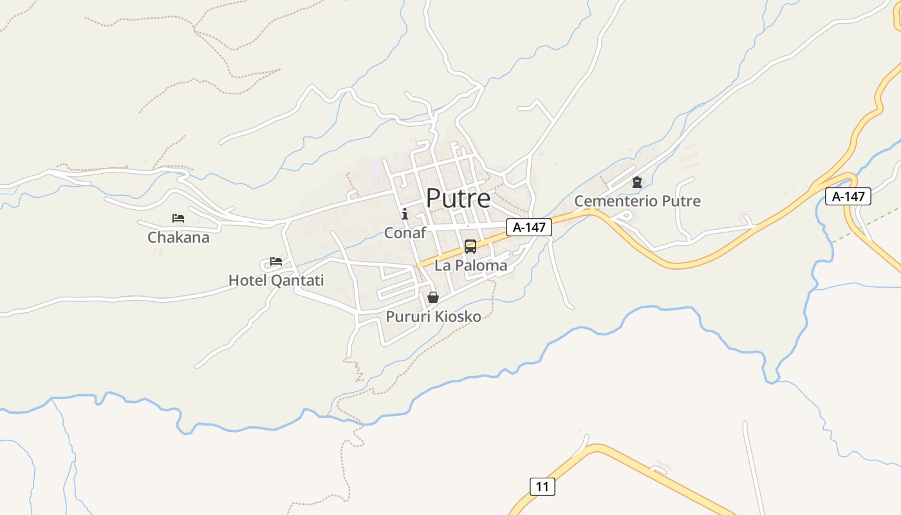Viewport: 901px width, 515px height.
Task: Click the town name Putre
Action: [458, 198]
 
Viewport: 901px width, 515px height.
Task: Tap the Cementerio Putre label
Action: [637, 201]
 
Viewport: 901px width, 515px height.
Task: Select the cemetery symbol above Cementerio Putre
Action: [637, 183]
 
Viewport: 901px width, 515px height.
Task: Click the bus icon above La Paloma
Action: [470, 247]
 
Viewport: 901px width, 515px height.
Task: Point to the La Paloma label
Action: [471, 265]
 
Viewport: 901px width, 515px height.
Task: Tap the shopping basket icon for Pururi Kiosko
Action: [433, 297]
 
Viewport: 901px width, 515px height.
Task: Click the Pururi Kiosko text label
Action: [433, 317]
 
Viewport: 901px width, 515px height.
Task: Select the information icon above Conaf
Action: [405, 214]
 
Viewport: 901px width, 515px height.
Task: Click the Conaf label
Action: [405, 233]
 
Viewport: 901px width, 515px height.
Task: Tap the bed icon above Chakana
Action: [178, 219]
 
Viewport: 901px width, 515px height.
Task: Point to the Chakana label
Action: [178, 238]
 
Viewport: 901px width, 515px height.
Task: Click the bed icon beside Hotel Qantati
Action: [276, 261]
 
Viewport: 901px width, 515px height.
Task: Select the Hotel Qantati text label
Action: [276, 281]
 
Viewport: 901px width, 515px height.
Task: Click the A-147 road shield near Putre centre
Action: [529, 227]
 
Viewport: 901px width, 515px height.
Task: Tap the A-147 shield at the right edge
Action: [848, 196]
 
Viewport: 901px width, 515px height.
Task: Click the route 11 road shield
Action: [543, 487]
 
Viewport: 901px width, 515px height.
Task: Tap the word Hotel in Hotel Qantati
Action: [248, 281]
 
